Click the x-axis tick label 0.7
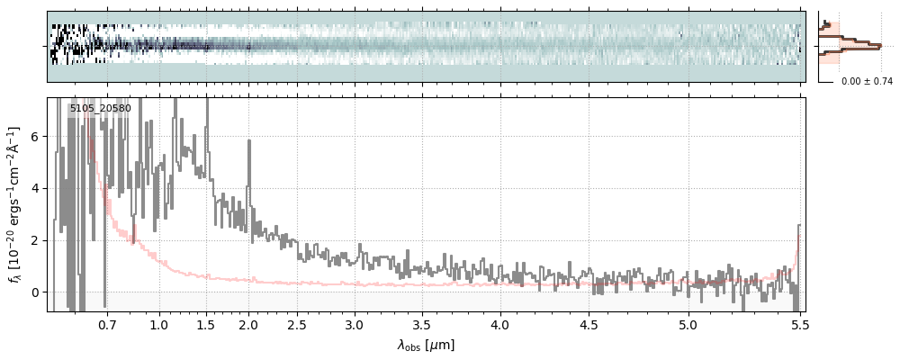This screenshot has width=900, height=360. (107, 324)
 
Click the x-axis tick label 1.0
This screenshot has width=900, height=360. (158, 324)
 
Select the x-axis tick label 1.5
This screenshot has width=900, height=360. (207, 324)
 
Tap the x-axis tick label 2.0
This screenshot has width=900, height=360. (249, 324)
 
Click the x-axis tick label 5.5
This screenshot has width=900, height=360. (798, 324)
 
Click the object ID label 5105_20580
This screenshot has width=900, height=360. (100, 109)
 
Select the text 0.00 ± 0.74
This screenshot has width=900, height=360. (867, 82)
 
